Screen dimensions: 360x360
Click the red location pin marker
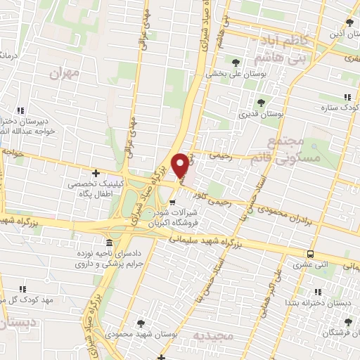point(181,165)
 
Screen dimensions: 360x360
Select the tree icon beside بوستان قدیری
point(261,103)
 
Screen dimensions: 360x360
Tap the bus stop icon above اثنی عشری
point(309,254)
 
